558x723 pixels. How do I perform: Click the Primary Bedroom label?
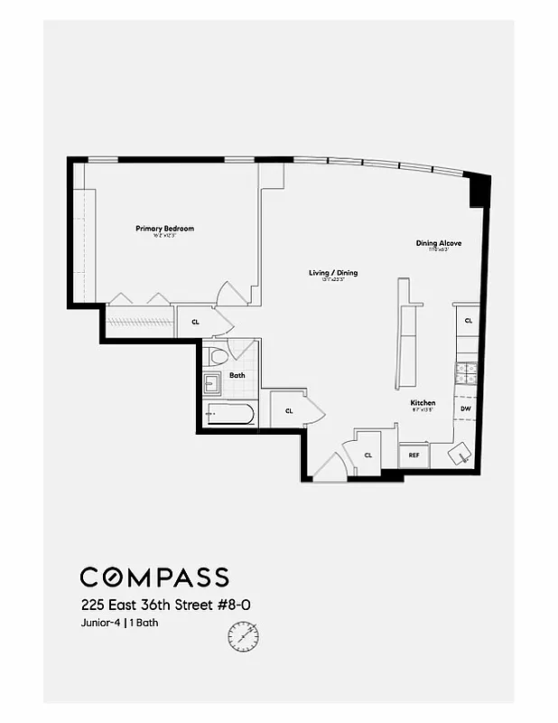click(164, 229)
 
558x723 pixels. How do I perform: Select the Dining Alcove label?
click(432, 243)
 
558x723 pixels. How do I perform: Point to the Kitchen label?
click(423, 402)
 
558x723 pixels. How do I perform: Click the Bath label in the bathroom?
click(237, 374)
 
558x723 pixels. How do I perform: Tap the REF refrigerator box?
click(414, 455)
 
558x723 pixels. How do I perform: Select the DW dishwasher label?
click(466, 409)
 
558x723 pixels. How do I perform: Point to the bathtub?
click(229, 414)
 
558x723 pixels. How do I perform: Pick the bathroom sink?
click(212, 384)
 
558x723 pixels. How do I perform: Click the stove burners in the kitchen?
click(468, 369)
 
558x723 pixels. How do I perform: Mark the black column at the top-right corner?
click(479, 191)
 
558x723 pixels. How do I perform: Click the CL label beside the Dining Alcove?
click(468, 321)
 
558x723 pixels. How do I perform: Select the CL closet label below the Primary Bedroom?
click(195, 321)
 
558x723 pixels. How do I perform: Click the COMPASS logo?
click(154, 577)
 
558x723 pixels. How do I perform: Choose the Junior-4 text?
click(99, 622)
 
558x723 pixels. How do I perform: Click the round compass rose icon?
click(243, 638)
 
